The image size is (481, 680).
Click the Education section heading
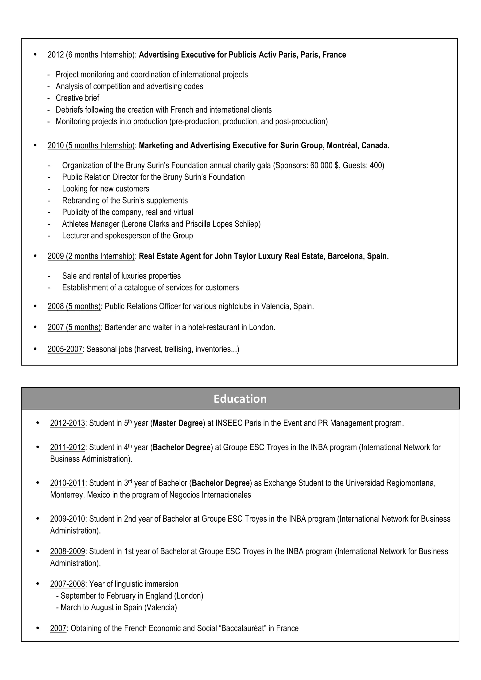[240, 399]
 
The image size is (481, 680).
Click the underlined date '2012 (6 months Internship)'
[91, 55]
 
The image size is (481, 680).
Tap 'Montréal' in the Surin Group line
[342, 145]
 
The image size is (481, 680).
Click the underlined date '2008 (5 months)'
[74, 306]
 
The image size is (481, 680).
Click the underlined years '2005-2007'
[65, 349]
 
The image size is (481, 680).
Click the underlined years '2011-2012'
[68, 447]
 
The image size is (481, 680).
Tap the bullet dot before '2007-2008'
[38, 584]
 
